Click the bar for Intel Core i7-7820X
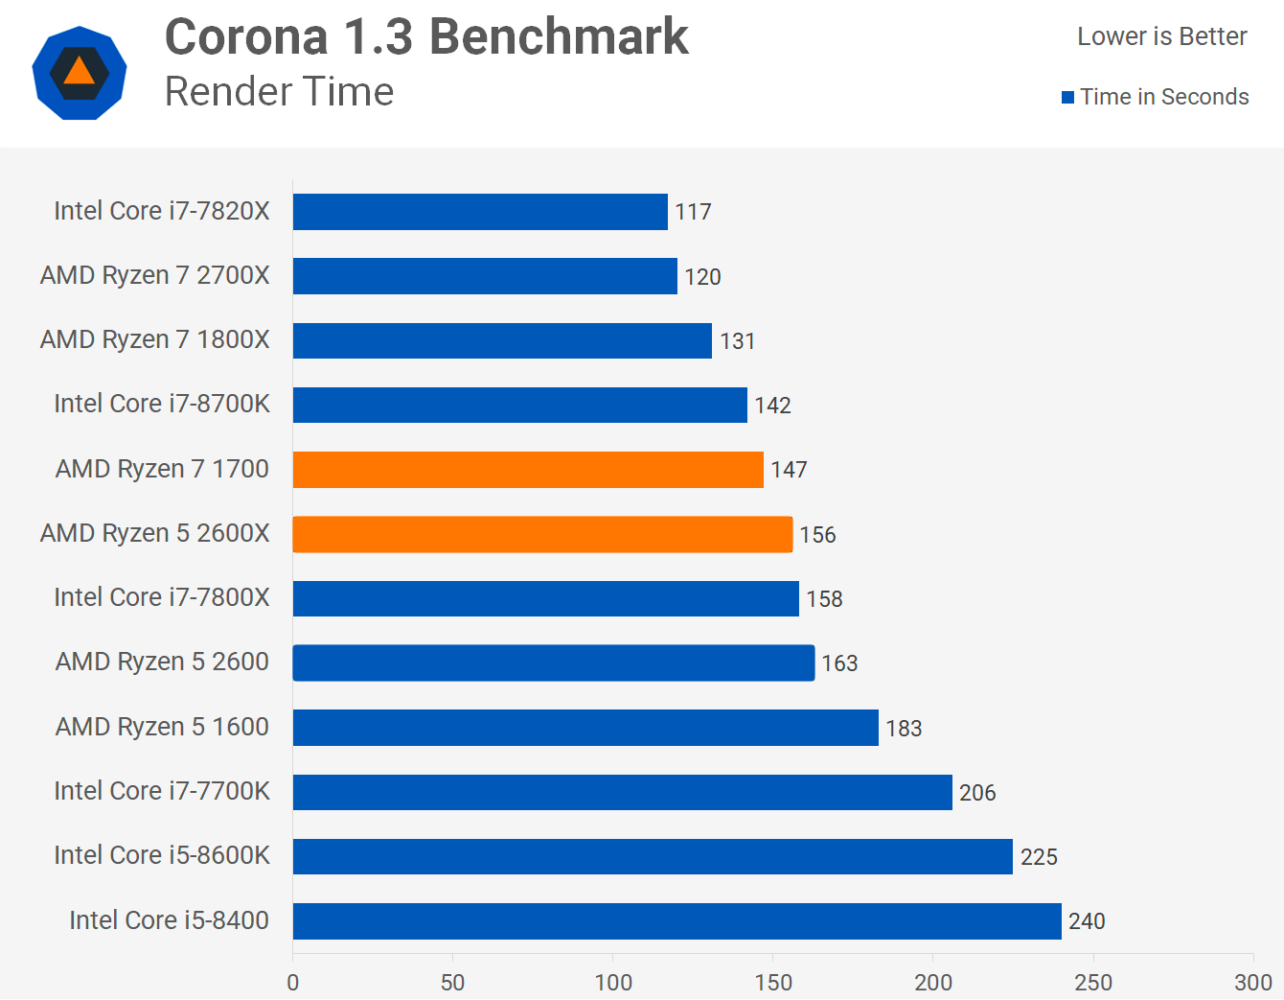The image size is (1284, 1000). click(x=480, y=212)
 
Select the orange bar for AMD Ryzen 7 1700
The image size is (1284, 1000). click(x=528, y=470)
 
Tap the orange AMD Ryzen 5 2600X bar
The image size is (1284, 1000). click(x=542, y=534)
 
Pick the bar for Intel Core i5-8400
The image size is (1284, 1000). click(x=676, y=921)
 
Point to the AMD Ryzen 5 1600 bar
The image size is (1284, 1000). click(x=585, y=728)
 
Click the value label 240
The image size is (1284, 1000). click(x=1087, y=921)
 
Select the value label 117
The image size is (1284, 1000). click(x=693, y=212)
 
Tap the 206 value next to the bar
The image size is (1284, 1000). click(x=977, y=793)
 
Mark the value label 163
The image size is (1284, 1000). click(x=839, y=663)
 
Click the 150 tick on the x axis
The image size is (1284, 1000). click(x=773, y=983)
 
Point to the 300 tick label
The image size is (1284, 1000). click(x=1252, y=983)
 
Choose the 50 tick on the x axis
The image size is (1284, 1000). click(x=452, y=983)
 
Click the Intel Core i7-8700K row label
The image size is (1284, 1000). click(x=162, y=404)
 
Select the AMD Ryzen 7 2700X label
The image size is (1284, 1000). click(x=155, y=276)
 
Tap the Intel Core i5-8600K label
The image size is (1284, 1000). click(x=162, y=855)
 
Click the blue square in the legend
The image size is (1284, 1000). click(x=1067, y=97)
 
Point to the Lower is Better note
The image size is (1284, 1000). click(x=1161, y=36)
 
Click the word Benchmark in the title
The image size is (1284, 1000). click(x=559, y=37)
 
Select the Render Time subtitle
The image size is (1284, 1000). click(x=279, y=92)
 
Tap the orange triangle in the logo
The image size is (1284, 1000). click(x=80, y=72)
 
